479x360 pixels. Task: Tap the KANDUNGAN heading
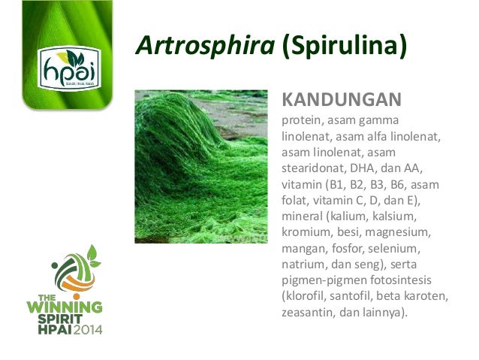click(341, 100)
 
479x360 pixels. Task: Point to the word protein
click(301, 121)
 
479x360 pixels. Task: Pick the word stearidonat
click(313, 167)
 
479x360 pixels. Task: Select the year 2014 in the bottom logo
click(84, 328)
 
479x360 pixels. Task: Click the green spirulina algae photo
click(200, 166)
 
